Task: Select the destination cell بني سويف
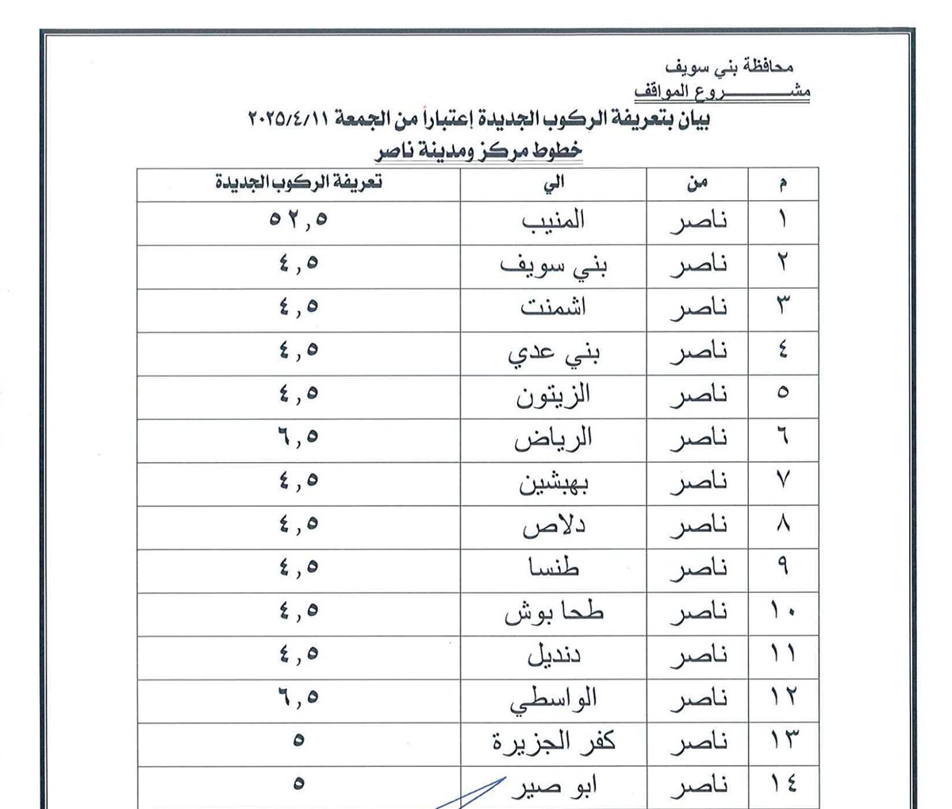pyautogui.click(x=554, y=265)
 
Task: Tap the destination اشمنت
pyautogui.click(x=554, y=308)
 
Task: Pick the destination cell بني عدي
pyautogui.click(x=554, y=352)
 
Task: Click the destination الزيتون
pyautogui.click(x=554, y=395)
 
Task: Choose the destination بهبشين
pyautogui.click(x=554, y=482)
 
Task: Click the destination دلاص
pyautogui.click(x=554, y=526)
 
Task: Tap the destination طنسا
pyautogui.click(x=554, y=568)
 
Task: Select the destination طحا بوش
pyautogui.click(x=554, y=612)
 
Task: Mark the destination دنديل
pyautogui.click(x=554, y=656)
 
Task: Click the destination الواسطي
pyautogui.click(x=554, y=699)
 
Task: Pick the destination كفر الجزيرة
pyautogui.click(x=554, y=743)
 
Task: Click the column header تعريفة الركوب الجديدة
pyautogui.click(x=298, y=183)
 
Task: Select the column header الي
pyautogui.click(x=554, y=183)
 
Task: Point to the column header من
pyautogui.click(x=697, y=183)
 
